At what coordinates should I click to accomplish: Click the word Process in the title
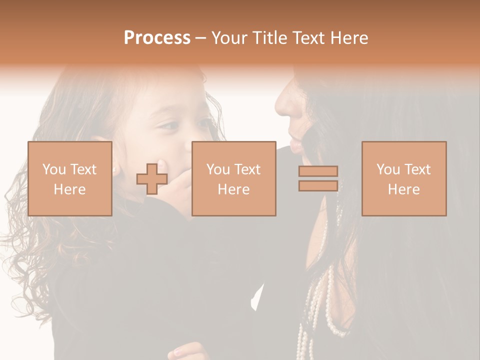157,38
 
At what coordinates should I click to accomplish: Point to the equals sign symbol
318,178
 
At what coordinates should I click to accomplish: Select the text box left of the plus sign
69,178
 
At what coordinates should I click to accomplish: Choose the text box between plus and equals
233,178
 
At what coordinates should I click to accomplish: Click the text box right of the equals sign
403,178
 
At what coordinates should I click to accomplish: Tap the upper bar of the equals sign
318,171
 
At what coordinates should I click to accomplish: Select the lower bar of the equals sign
318,186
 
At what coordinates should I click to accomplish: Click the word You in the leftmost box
53,169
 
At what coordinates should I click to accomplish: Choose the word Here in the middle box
233,189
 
